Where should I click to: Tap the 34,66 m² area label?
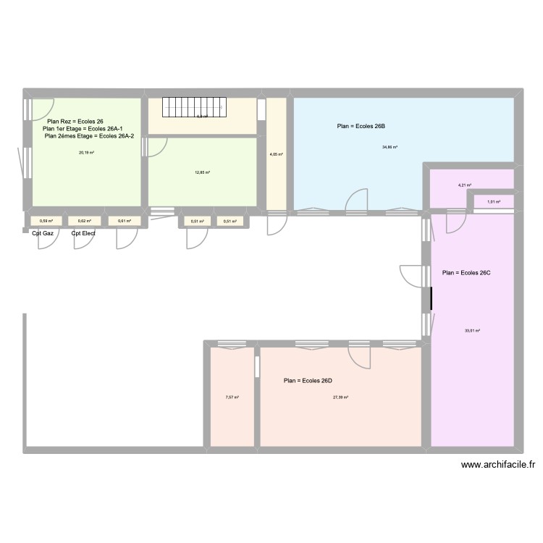pyautogui.click(x=390, y=147)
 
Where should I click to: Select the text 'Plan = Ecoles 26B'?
pyautogui.click(x=361, y=127)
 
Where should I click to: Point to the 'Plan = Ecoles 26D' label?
pyautogui.click(x=308, y=381)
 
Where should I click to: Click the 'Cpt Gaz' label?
pyautogui.click(x=43, y=234)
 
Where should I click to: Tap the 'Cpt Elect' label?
pyautogui.click(x=83, y=234)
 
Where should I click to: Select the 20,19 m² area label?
pyautogui.click(x=86, y=153)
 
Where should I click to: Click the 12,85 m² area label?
pyautogui.click(x=202, y=172)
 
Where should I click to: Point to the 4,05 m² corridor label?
pyautogui.click(x=276, y=154)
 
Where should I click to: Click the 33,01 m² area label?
pyautogui.click(x=473, y=331)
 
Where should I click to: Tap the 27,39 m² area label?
pyautogui.click(x=340, y=397)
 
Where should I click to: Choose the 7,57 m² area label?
pyautogui.click(x=232, y=397)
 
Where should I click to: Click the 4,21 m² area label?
pyautogui.click(x=464, y=185)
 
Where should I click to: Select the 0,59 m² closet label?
pyautogui.click(x=46, y=221)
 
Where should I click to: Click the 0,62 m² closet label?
pyautogui.click(x=84, y=221)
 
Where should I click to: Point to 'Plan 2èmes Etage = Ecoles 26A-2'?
pyautogui.click(x=89, y=135)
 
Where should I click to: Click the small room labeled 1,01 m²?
pyautogui.click(x=494, y=202)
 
